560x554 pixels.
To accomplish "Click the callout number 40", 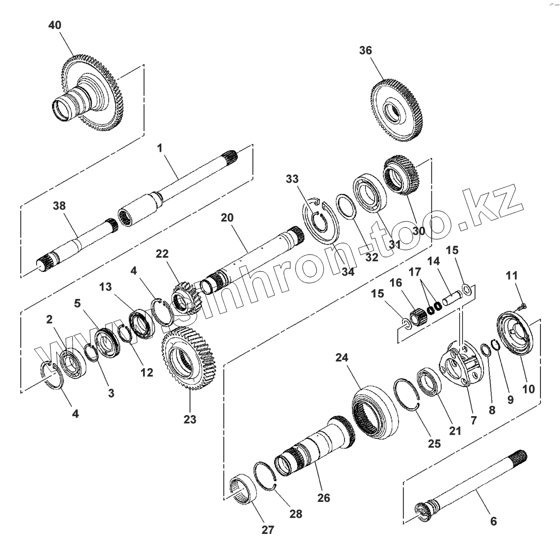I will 54,25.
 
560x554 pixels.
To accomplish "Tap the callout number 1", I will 160,148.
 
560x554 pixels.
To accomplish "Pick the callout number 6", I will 493,521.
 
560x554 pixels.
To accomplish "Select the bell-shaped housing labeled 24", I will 375,410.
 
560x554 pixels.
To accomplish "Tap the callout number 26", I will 324,498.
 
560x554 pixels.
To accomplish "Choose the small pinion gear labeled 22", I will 183,298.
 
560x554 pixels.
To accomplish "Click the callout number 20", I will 227,218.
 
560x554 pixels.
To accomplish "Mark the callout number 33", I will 292,179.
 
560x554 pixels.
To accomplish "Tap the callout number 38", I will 59,205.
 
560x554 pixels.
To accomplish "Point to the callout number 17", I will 415,272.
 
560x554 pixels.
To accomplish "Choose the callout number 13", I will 105,287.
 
